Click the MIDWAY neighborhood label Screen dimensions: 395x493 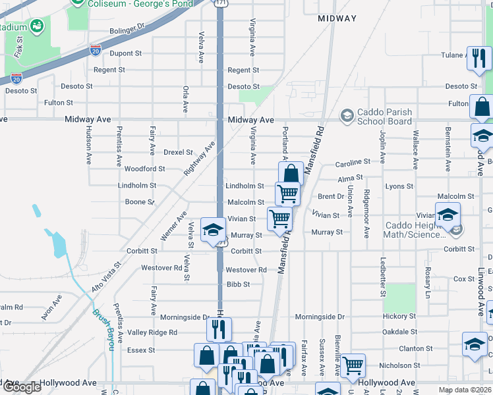(337, 19)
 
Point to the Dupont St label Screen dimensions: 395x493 (125, 53)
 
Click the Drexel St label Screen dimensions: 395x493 (178, 152)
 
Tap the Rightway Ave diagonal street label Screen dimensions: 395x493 (200, 159)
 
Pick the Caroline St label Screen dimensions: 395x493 (353, 162)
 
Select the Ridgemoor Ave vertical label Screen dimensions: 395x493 (366, 214)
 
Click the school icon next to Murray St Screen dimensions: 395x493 (213, 230)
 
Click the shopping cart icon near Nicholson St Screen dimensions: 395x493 (353, 365)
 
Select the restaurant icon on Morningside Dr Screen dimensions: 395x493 (219, 329)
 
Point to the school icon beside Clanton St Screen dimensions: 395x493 (474, 346)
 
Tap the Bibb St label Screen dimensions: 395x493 (238, 284)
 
